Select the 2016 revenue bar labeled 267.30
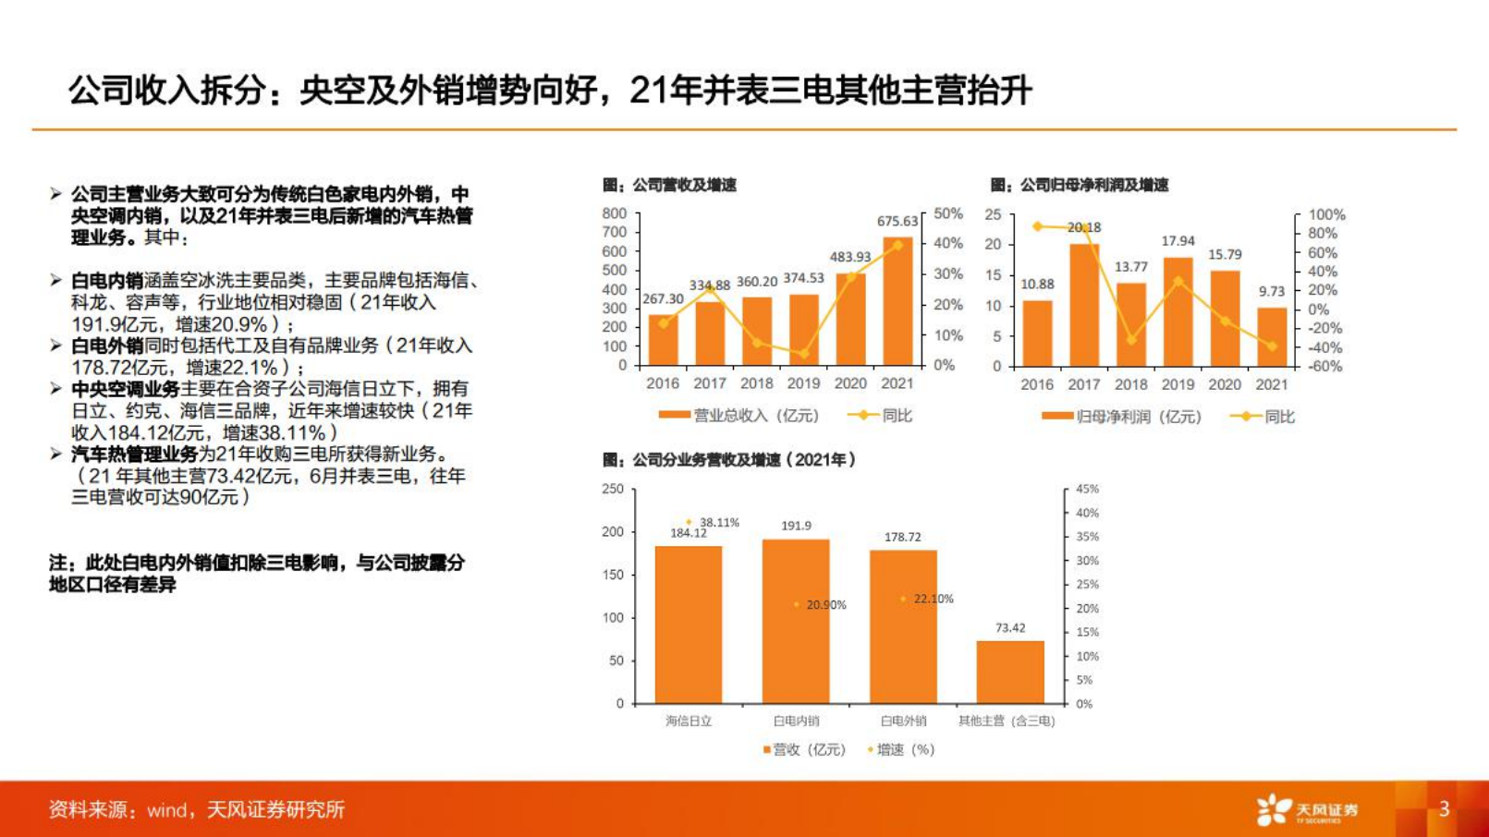(663, 340)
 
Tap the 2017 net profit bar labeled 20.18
(1083, 305)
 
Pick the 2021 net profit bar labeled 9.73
(1272, 337)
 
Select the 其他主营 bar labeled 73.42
(1010, 672)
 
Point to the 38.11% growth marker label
(719, 523)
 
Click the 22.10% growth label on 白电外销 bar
(933, 599)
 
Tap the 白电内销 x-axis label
(796, 721)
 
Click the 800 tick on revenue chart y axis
(615, 213)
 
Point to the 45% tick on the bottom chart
(1087, 489)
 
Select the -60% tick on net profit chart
(1324, 367)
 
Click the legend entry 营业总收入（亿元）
(738, 416)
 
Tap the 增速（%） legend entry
(902, 749)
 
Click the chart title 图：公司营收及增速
(669, 185)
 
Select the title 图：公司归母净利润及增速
(1079, 185)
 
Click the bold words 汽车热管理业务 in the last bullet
(135, 454)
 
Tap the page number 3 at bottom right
(1444, 809)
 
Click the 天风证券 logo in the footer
(1307, 809)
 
